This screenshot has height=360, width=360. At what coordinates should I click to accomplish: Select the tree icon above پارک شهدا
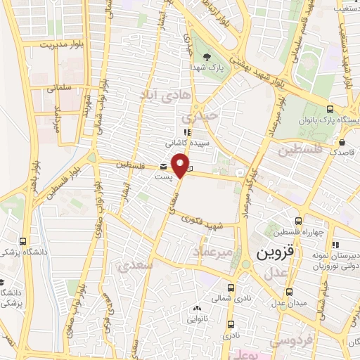click(x=206, y=56)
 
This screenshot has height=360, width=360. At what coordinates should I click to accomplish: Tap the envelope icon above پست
click(x=164, y=167)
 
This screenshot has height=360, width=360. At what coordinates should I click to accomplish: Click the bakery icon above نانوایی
click(x=198, y=308)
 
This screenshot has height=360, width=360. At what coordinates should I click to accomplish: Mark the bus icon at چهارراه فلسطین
click(x=298, y=221)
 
